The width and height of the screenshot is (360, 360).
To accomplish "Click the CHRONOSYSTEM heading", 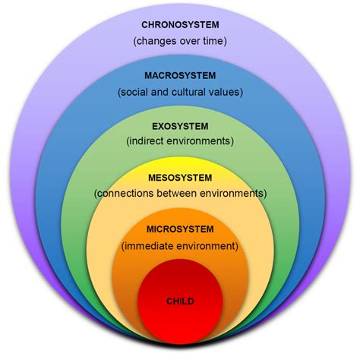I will click(180, 24).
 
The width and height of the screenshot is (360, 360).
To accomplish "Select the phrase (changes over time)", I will click(180, 41).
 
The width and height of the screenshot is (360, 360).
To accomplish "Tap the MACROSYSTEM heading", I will click(180, 75).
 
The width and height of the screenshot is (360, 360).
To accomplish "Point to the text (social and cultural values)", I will click(180, 92).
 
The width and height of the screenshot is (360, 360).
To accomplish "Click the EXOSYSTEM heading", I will click(180, 125).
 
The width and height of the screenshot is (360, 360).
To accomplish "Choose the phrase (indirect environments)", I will click(180, 142).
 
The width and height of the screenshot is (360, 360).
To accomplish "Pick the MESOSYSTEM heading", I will click(180, 177).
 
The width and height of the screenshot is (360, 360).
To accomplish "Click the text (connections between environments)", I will click(180, 194).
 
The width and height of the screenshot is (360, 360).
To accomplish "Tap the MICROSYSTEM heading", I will click(180, 229).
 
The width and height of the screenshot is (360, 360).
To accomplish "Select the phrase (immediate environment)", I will click(180, 246).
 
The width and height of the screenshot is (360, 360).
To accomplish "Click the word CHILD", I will click(180, 302).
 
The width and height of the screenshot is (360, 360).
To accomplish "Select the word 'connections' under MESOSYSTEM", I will click(125, 194).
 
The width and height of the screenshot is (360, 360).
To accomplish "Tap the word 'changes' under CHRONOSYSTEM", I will click(154, 41).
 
